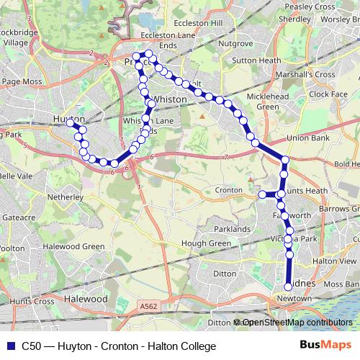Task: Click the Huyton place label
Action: click(x=68, y=119)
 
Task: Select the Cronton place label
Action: click(x=228, y=190)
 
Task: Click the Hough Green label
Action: click(x=206, y=243)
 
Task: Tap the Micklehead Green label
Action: click(x=267, y=102)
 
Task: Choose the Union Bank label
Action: click(x=307, y=138)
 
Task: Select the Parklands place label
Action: click(x=232, y=229)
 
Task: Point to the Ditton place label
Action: click(x=225, y=274)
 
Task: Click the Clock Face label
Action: click(x=329, y=94)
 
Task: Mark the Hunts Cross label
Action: click(x=28, y=301)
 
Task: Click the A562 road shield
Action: click(x=148, y=307)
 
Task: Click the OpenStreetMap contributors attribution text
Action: click(x=297, y=323)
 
